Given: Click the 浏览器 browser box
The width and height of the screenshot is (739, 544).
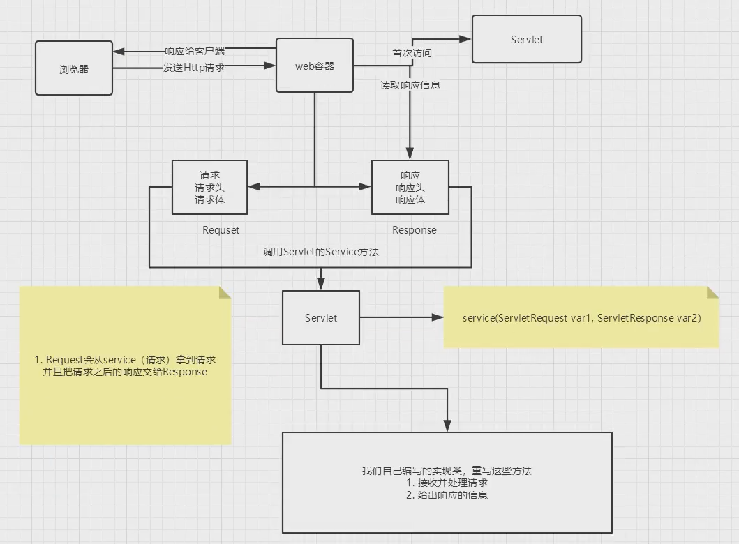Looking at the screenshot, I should click(x=74, y=68).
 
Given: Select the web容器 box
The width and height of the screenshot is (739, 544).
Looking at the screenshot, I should click(x=314, y=66).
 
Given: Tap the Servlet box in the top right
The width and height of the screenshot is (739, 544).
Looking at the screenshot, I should click(x=526, y=40).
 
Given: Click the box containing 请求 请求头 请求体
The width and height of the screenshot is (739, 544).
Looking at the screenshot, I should click(x=210, y=187).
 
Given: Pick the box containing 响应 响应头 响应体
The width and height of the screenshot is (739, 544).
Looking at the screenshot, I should click(x=410, y=187).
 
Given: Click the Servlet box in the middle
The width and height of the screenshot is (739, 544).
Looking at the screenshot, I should click(x=320, y=318).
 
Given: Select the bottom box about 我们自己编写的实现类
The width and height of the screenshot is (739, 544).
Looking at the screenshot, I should click(x=447, y=483).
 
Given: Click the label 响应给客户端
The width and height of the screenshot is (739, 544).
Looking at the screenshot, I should click(x=195, y=51).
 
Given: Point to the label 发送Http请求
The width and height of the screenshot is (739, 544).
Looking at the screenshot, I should click(x=194, y=68).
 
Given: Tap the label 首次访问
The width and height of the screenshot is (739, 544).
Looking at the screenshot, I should click(x=412, y=53).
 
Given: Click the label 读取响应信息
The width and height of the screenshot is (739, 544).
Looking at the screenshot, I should click(x=410, y=85).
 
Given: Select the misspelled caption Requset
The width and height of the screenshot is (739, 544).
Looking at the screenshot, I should click(x=221, y=230).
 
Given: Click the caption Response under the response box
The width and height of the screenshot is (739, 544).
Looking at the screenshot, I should click(x=414, y=230).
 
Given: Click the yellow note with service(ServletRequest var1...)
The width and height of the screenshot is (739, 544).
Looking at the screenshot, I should click(x=581, y=317).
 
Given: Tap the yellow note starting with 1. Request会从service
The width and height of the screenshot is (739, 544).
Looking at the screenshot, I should click(x=125, y=365).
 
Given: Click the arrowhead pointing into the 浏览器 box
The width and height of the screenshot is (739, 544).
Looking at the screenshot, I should click(x=119, y=52).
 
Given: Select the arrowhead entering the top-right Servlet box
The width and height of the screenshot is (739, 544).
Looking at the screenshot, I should click(x=466, y=40).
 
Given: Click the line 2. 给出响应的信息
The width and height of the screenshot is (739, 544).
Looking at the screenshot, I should click(x=447, y=495).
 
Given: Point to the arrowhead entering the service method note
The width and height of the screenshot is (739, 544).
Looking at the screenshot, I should click(x=438, y=318).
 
